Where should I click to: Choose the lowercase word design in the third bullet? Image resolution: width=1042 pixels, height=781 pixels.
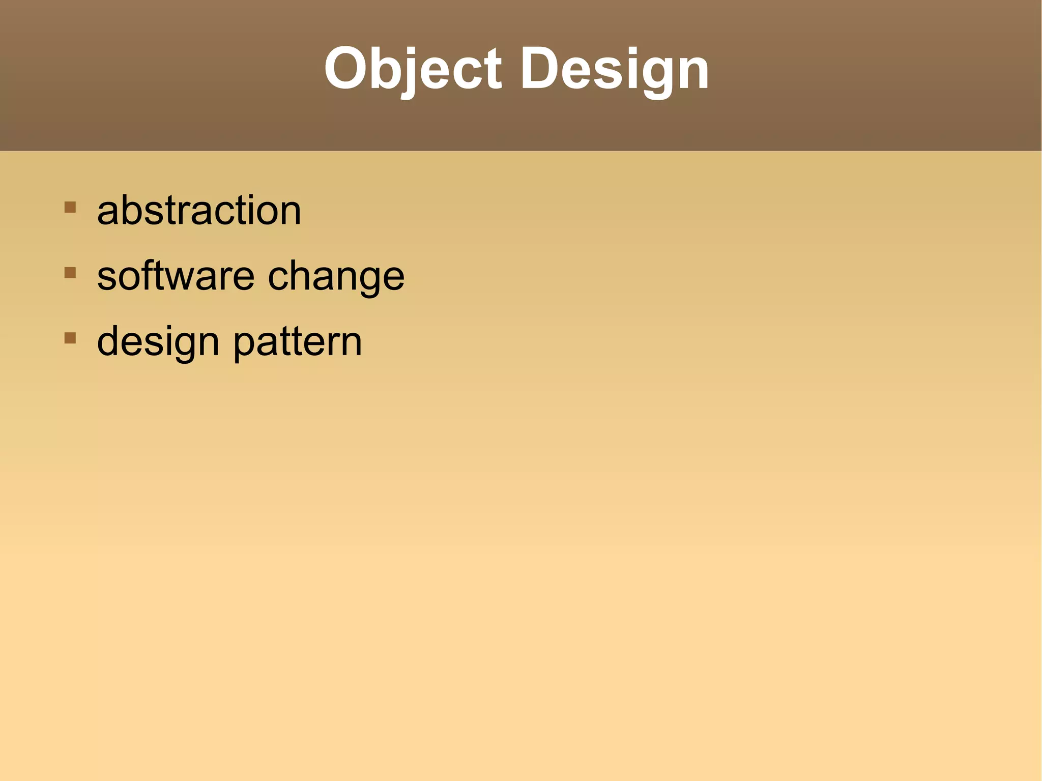(x=158, y=342)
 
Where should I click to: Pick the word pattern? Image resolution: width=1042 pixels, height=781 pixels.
(x=298, y=342)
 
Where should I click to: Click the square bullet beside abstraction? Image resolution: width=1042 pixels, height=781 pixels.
(x=70, y=207)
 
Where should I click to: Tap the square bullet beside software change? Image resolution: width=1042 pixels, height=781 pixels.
(x=70, y=273)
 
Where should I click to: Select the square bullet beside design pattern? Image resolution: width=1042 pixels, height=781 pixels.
(x=70, y=338)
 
